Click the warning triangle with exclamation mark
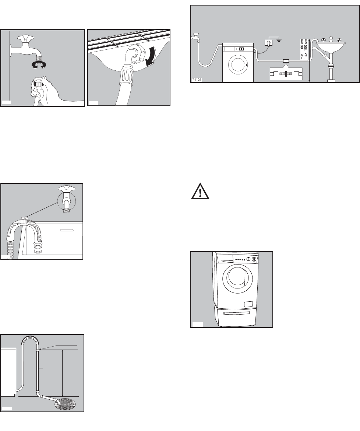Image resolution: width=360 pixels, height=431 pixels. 200,191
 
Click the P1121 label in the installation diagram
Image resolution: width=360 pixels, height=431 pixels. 197,80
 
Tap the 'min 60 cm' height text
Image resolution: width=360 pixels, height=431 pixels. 302,49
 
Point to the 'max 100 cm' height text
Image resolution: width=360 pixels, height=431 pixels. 306,49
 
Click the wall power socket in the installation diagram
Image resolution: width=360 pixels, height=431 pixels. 268,43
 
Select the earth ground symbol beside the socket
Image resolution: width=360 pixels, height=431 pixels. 279,41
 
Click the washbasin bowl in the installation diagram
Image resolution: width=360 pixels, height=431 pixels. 330,47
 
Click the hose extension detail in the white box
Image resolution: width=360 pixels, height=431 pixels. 286,74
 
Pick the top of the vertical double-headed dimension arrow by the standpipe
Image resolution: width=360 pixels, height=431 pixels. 63,350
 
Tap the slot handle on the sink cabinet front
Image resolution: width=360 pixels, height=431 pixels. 67,230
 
